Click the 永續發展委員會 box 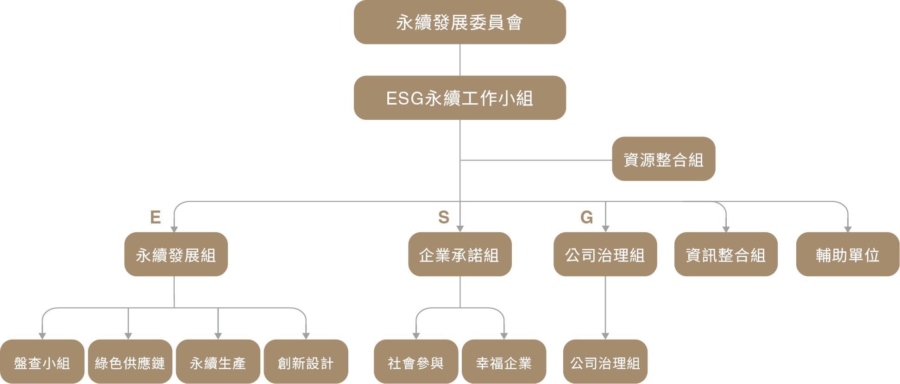tap(459, 22)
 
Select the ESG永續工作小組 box tap(459, 98)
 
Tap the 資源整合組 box tap(663, 159)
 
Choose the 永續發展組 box tap(176, 254)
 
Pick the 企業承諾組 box tap(459, 254)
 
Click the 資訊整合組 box tap(726, 254)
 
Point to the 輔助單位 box tap(848, 254)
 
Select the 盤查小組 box tap(42, 362)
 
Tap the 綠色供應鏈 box tap(130, 362)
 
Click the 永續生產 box tap(218, 362)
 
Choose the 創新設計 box tap(306, 362)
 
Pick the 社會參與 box tap(415, 362)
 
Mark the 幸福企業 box tap(504, 362)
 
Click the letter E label tap(156, 217)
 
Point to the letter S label tap(444, 217)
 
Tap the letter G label tap(586, 217)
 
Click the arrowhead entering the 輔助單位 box tap(848, 229)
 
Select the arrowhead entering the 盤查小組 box tap(42, 336)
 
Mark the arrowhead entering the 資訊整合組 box tap(726, 229)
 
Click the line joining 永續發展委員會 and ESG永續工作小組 tap(460, 60)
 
